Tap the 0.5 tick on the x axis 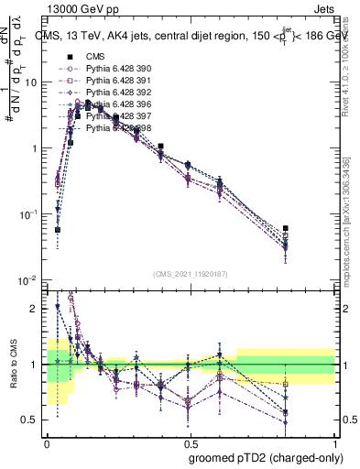(x=191, y=442)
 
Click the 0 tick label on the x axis (x=47, y=442)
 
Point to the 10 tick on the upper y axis (x=32, y=82)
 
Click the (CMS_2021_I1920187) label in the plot (x=191, y=272)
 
